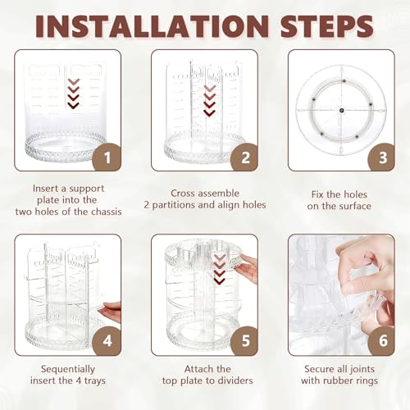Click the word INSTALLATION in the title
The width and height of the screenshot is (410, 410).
pyautogui.click(x=152, y=26)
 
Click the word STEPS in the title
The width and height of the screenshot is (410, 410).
pyautogui.click(x=327, y=26)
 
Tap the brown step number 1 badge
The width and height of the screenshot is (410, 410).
pyautogui.click(x=107, y=157)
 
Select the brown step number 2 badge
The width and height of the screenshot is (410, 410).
pyautogui.click(x=244, y=157)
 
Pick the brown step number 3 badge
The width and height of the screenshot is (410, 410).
pyautogui.click(x=382, y=157)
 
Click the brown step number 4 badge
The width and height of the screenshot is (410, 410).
pyautogui.click(x=107, y=341)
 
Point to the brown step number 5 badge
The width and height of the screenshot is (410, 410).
pyautogui.click(x=244, y=341)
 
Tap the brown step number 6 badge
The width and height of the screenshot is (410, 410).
pyautogui.click(x=382, y=341)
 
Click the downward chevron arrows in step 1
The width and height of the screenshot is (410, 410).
pyautogui.click(x=73, y=93)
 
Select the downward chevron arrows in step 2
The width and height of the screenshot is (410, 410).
pyautogui.click(x=210, y=101)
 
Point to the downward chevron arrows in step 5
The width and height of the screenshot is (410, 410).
pyautogui.click(x=220, y=269)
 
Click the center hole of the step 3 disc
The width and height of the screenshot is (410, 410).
pyautogui.click(x=342, y=111)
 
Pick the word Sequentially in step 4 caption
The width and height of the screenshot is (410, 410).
pyautogui.click(x=68, y=369)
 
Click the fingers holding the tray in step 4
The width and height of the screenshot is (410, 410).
pyautogui.click(x=111, y=310)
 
